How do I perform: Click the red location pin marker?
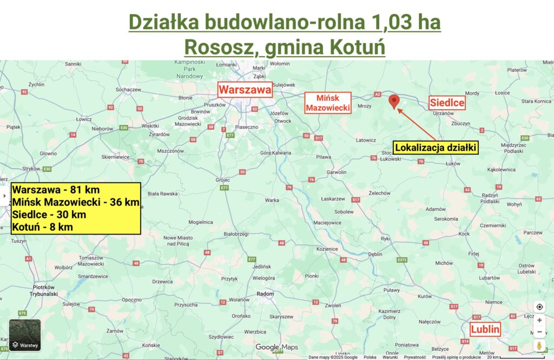pyautogui.click(x=394, y=101)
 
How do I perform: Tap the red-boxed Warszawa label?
pyautogui.click(x=245, y=90)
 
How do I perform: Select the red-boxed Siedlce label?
pyautogui.click(x=447, y=103)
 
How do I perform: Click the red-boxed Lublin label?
pyautogui.click(x=485, y=329)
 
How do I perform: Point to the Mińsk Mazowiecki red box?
pyautogui.click(x=328, y=103)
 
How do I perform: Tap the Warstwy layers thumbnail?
pyautogui.click(x=25, y=335)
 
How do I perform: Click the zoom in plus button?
pyautogui.click(x=539, y=320)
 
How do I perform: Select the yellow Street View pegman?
pyautogui.click(x=539, y=345)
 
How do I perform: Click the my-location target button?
pyautogui.click(x=539, y=306)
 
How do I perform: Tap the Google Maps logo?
pyautogui.click(x=276, y=347)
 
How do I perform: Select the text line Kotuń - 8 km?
pyautogui.click(x=43, y=227)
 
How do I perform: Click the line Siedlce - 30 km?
pyautogui.click(x=49, y=215)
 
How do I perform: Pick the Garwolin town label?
pyautogui.click(x=337, y=172)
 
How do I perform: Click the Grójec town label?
pyautogui.click(x=222, y=179)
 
